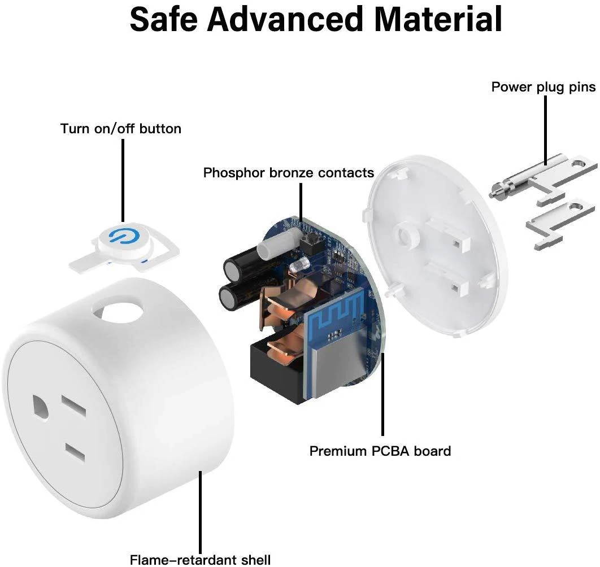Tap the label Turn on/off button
121,129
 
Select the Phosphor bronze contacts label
289,172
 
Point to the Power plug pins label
543,87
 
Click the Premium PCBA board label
380,451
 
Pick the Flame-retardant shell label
200,560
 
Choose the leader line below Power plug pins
545,129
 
